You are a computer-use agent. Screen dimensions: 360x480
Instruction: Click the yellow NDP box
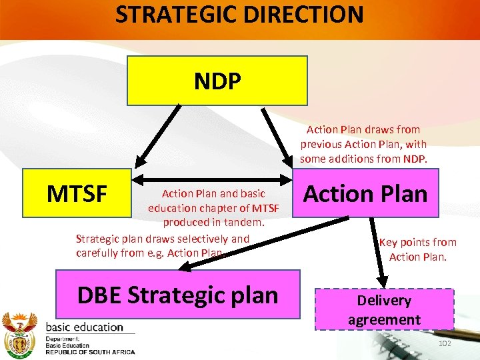(217, 81)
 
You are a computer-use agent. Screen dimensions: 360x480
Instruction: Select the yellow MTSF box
(77, 194)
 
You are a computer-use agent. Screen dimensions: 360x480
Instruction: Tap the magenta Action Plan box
(365, 194)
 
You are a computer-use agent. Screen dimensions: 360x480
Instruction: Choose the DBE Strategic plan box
(177, 294)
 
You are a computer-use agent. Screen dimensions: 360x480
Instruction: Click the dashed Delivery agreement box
(384, 310)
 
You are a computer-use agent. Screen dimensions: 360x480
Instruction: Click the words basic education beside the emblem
(84, 327)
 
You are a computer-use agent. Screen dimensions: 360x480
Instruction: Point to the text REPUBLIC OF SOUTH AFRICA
(90, 352)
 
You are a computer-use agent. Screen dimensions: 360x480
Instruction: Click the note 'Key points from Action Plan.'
(418, 249)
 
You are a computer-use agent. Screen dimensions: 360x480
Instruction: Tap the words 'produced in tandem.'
(214, 222)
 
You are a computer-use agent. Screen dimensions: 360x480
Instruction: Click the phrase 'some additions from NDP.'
(363, 159)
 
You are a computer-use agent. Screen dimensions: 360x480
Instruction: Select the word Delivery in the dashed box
(384, 301)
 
